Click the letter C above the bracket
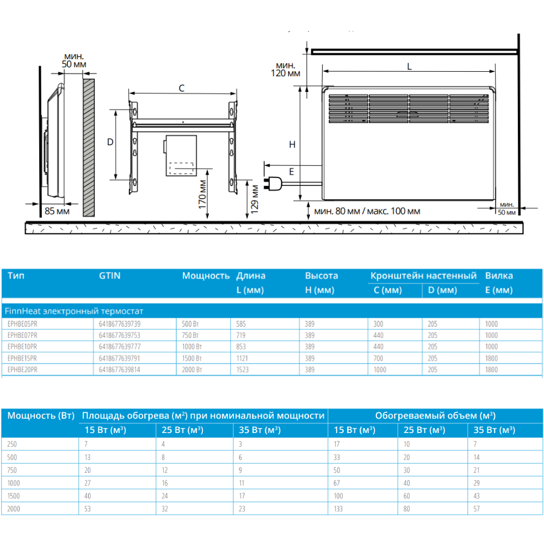(182, 88)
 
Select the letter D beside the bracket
(110, 142)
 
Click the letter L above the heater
(409, 66)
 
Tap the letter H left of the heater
(292, 145)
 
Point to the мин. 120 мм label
(287, 69)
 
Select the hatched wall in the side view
(89, 147)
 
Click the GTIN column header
(110, 276)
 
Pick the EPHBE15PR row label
(23, 358)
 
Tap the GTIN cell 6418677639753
(119, 335)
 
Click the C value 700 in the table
(378, 358)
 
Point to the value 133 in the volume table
(338, 509)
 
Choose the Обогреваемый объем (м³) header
(435, 416)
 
